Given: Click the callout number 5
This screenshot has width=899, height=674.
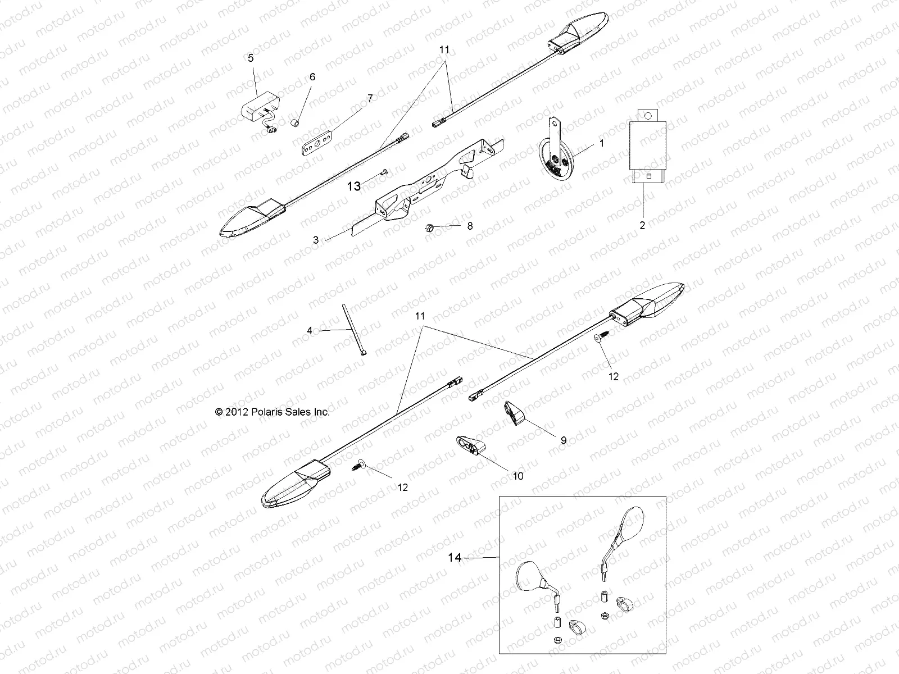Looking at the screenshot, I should [251, 57].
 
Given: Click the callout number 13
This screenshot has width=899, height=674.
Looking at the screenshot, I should [354, 186].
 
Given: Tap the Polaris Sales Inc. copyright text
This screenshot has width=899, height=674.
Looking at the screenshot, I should [273, 412].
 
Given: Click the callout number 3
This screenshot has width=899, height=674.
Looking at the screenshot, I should [316, 240].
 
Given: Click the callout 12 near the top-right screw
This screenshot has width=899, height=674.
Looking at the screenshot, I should [613, 376].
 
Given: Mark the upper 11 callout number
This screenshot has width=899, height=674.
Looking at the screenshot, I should [444, 50].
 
